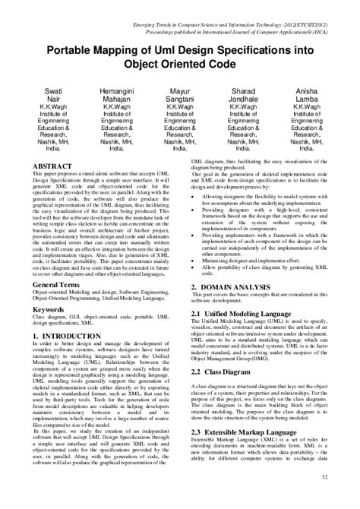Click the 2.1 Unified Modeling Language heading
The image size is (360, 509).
click(242, 313)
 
